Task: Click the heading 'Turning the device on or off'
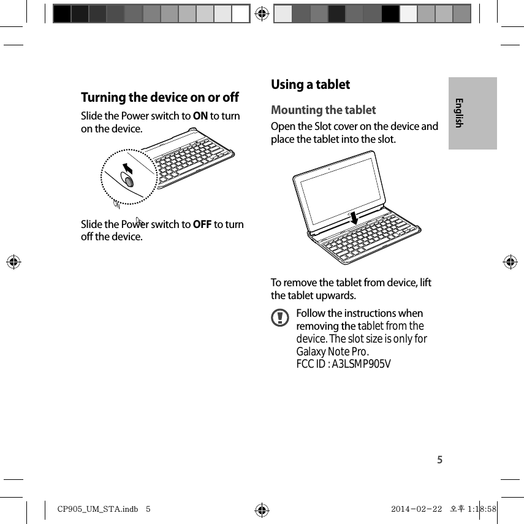(x=160, y=97)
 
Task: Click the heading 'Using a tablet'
(x=310, y=85)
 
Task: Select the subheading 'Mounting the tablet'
(x=323, y=110)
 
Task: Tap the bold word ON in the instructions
(x=200, y=116)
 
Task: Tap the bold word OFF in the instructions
(x=202, y=224)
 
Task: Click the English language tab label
(x=459, y=113)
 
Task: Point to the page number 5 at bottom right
(x=439, y=460)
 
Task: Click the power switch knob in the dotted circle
(x=128, y=181)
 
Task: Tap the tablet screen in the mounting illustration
(x=343, y=189)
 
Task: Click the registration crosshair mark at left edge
(x=14, y=262)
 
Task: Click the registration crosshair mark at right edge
(x=510, y=262)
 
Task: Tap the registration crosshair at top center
(x=262, y=13)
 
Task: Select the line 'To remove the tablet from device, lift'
(x=351, y=283)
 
